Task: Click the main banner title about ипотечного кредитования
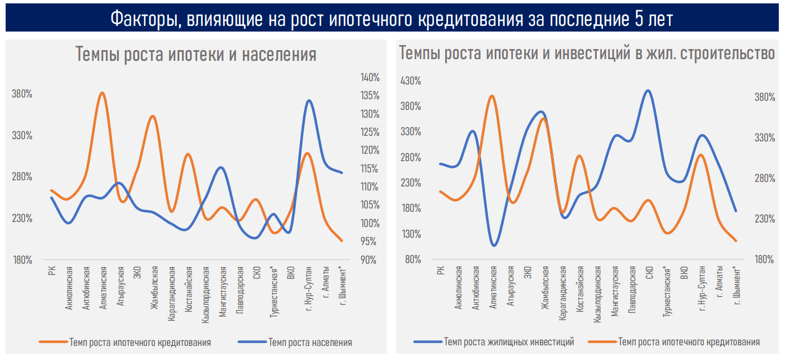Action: coord(392,19)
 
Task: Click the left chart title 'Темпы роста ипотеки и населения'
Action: coord(196,55)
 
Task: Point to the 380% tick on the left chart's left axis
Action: coord(22,94)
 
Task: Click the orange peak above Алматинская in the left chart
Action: coord(102,93)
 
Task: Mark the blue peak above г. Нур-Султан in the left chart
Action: coord(308,101)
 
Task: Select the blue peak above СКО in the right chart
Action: coord(649,91)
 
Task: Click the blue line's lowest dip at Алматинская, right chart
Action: coord(494,245)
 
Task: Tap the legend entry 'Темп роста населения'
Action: coord(310,342)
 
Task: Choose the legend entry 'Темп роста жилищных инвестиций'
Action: coord(509,341)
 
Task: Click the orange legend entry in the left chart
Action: coord(140,342)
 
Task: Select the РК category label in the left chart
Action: coord(52,271)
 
